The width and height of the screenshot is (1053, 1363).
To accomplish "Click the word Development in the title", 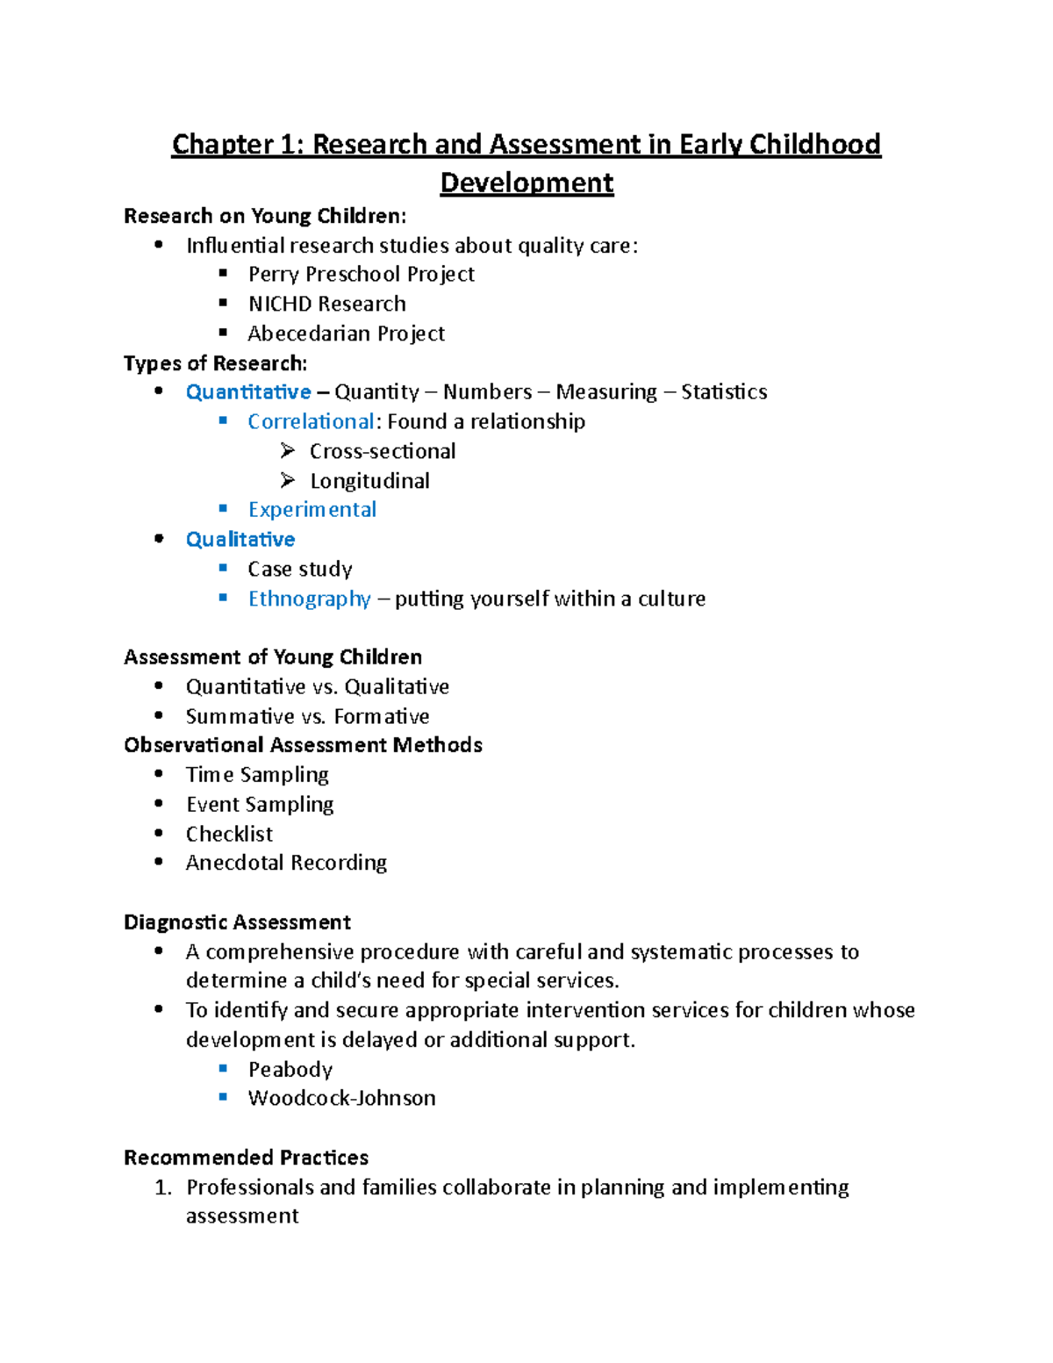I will pyautogui.click(x=526, y=183).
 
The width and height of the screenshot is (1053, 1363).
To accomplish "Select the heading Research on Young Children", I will pyautogui.click(x=265, y=216).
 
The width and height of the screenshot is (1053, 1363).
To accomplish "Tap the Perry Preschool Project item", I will pyautogui.click(x=361, y=275).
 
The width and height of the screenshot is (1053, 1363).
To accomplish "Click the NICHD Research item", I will pyautogui.click(x=326, y=304).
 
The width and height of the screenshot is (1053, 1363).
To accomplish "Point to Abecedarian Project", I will pyautogui.click(x=346, y=334).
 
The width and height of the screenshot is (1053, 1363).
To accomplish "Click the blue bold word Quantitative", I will pyautogui.click(x=248, y=392).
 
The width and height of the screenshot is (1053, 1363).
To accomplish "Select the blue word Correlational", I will pyautogui.click(x=311, y=422).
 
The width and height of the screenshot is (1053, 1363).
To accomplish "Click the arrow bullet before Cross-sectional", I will pyautogui.click(x=287, y=451).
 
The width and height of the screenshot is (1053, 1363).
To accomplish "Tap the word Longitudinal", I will pyautogui.click(x=369, y=481).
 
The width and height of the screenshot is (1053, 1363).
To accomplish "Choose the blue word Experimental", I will pyautogui.click(x=312, y=510).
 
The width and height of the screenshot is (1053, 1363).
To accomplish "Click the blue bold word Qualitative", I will pyautogui.click(x=240, y=540).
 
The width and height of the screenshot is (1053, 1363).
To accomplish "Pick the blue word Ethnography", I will pyautogui.click(x=309, y=599).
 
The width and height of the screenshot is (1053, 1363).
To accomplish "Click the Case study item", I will pyautogui.click(x=299, y=570).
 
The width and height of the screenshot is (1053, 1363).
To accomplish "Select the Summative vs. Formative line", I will pyautogui.click(x=307, y=716).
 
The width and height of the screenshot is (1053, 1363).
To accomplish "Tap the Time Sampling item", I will pyautogui.click(x=257, y=775).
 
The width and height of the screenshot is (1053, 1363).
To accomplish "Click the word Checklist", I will pyautogui.click(x=229, y=834).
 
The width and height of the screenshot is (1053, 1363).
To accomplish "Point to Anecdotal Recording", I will pyautogui.click(x=286, y=863).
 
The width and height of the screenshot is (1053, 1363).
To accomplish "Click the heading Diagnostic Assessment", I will pyautogui.click(x=237, y=922).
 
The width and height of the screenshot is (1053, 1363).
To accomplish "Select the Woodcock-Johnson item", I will pyautogui.click(x=341, y=1098).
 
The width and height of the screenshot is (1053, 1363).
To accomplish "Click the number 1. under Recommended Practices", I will pyautogui.click(x=162, y=1187).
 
